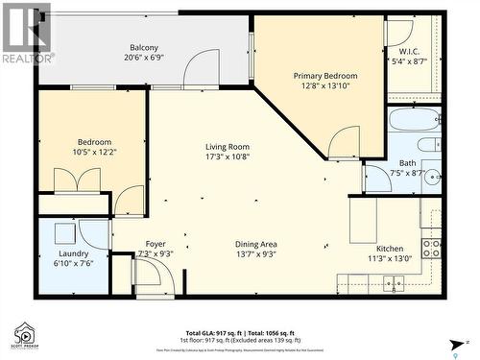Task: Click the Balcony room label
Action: [x=144, y=47]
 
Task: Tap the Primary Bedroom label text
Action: [x=324, y=76]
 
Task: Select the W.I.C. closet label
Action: [x=410, y=52]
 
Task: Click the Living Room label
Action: [x=228, y=147]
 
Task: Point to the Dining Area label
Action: [x=256, y=244]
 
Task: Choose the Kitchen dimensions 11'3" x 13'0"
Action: [x=388, y=257]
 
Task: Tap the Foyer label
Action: [x=156, y=244]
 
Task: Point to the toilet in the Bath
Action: [x=429, y=145]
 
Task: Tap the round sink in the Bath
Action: [x=432, y=176]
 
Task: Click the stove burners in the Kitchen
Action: [x=431, y=249]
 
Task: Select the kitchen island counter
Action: [x=363, y=220]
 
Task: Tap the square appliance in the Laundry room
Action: [x=63, y=233]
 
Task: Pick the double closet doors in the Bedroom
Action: [x=77, y=180]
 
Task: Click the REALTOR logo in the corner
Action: [x=26, y=33]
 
